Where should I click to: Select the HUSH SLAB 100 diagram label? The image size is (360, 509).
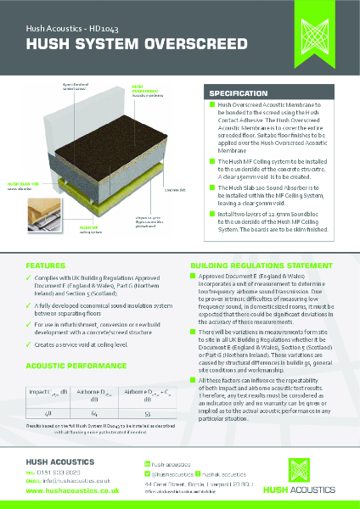24,183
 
